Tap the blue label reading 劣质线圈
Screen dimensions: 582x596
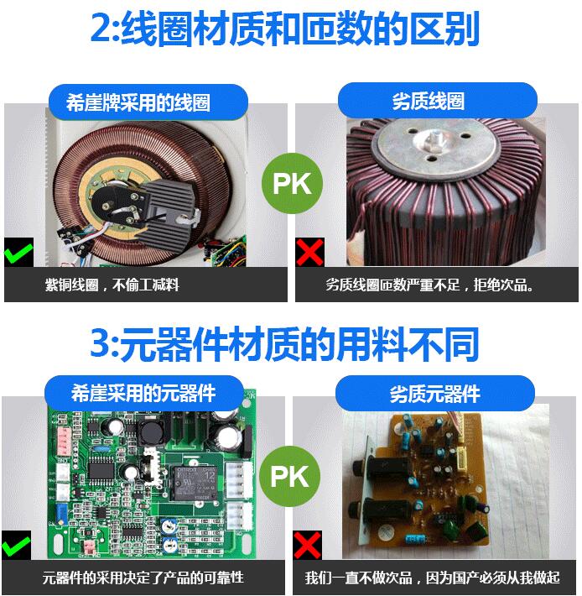point(438,101)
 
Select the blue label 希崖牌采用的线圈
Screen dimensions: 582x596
point(148,102)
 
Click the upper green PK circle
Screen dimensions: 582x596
point(292,183)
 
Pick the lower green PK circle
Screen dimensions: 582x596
point(289,476)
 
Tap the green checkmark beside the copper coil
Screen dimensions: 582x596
point(18,252)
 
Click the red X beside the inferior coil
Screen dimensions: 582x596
point(309,252)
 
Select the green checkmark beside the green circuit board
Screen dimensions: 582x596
point(16,545)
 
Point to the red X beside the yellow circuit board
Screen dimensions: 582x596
point(307,545)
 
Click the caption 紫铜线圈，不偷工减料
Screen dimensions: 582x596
point(112,285)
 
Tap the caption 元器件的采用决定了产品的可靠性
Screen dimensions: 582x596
point(143,578)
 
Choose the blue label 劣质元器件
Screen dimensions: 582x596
point(435,394)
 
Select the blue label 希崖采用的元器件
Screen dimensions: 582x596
point(144,393)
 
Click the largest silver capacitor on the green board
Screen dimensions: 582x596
point(227,440)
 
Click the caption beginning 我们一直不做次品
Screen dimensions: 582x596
point(433,578)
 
